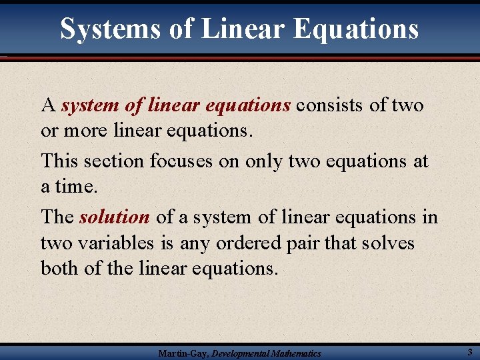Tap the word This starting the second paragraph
[x=59, y=161]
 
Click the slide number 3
[x=470, y=351]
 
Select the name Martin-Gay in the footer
[x=182, y=353]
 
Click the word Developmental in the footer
[x=243, y=353]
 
